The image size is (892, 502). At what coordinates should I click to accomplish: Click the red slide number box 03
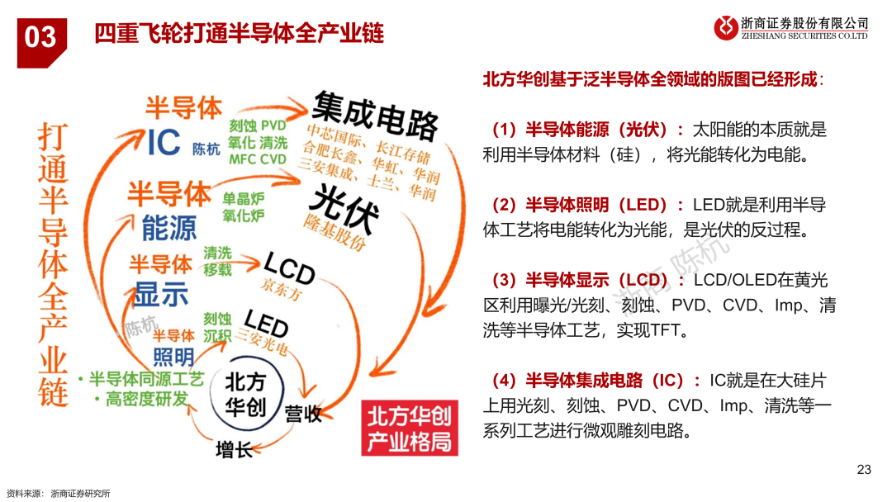click(x=41, y=37)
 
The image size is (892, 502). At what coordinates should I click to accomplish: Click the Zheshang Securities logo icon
click(x=726, y=27)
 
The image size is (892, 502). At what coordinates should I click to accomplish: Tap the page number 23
click(x=864, y=470)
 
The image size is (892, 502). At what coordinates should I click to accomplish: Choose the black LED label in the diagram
click(x=265, y=323)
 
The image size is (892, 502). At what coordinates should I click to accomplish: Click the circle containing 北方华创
click(x=245, y=393)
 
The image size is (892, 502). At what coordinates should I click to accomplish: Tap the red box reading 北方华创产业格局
click(x=410, y=427)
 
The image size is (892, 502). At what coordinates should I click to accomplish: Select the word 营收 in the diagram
click(x=303, y=414)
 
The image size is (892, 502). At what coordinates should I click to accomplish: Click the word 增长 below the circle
click(x=234, y=450)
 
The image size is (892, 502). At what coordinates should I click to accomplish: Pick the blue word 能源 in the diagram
click(x=168, y=228)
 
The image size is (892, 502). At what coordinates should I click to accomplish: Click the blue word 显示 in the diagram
click(x=162, y=294)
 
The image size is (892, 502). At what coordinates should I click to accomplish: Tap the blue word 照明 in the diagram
click(x=173, y=357)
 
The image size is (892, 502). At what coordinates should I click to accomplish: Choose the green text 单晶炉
click(x=243, y=199)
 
